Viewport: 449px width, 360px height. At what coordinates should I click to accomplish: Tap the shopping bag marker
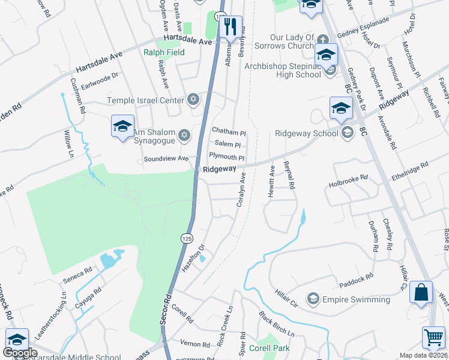pyautogui.click(x=422, y=293)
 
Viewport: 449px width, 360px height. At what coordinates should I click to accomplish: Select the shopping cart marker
pyautogui.click(x=433, y=338)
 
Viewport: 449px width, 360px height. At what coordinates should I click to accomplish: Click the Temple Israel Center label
pyautogui.click(x=145, y=101)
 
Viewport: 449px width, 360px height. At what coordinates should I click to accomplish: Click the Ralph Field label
pyautogui.click(x=164, y=52)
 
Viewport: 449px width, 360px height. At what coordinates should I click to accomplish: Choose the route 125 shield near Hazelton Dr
pyautogui.click(x=187, y=238)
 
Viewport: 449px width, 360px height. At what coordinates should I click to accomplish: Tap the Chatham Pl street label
pyautogui.click(x=229, y=131)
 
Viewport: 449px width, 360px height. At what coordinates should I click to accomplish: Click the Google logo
pyautogui.click(x=20, y=353)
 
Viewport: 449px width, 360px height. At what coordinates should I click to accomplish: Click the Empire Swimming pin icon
pyautogui.click(x=312, y=299)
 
